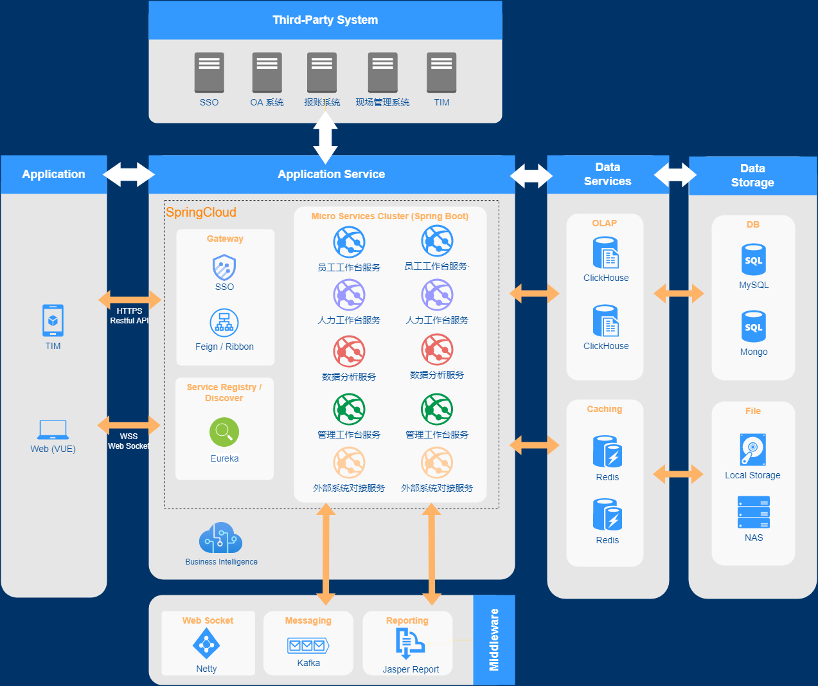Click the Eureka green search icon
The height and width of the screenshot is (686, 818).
click(224, 432)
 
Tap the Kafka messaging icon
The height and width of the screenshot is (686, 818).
click(308, 645)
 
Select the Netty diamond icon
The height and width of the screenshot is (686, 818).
click(206, 643)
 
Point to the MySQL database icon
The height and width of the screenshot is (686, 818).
click(754, 260)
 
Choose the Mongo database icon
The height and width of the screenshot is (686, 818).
click(754, 327)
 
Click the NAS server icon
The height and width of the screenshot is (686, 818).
click(754, 512)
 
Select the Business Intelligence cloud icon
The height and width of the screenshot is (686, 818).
click(221, 538)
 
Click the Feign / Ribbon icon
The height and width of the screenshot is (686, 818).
click(224, 323)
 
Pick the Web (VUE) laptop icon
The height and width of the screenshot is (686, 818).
click(53, 429)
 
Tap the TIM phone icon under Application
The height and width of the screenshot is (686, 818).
click(53, 320)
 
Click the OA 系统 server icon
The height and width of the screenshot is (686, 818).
click(267, 73)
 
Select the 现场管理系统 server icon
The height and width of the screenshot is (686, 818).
click(383, 73)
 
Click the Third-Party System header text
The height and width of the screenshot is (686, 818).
click(325, 20)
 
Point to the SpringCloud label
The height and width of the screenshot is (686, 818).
click(201, 212)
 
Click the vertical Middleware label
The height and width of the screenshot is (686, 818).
click(494, 640)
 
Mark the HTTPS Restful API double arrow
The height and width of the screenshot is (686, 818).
click(130, 299)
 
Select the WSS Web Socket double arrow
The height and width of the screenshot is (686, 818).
click(129, 424)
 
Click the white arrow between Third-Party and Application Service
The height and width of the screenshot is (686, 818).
click(325, 138)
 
